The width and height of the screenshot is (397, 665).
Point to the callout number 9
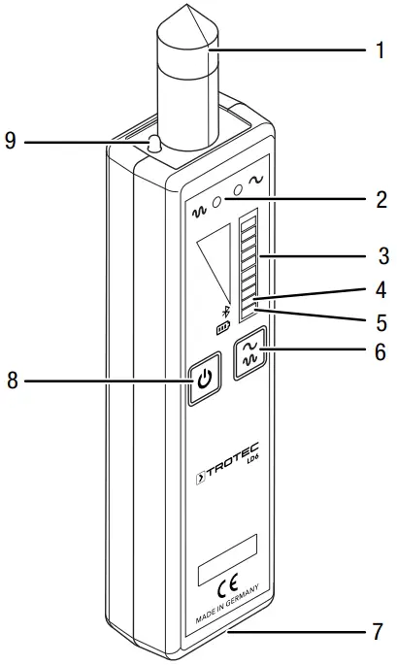click(11, 142)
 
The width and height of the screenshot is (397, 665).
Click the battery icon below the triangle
click(224, 328)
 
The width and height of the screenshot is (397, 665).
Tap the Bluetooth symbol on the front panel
click(226, 312)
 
